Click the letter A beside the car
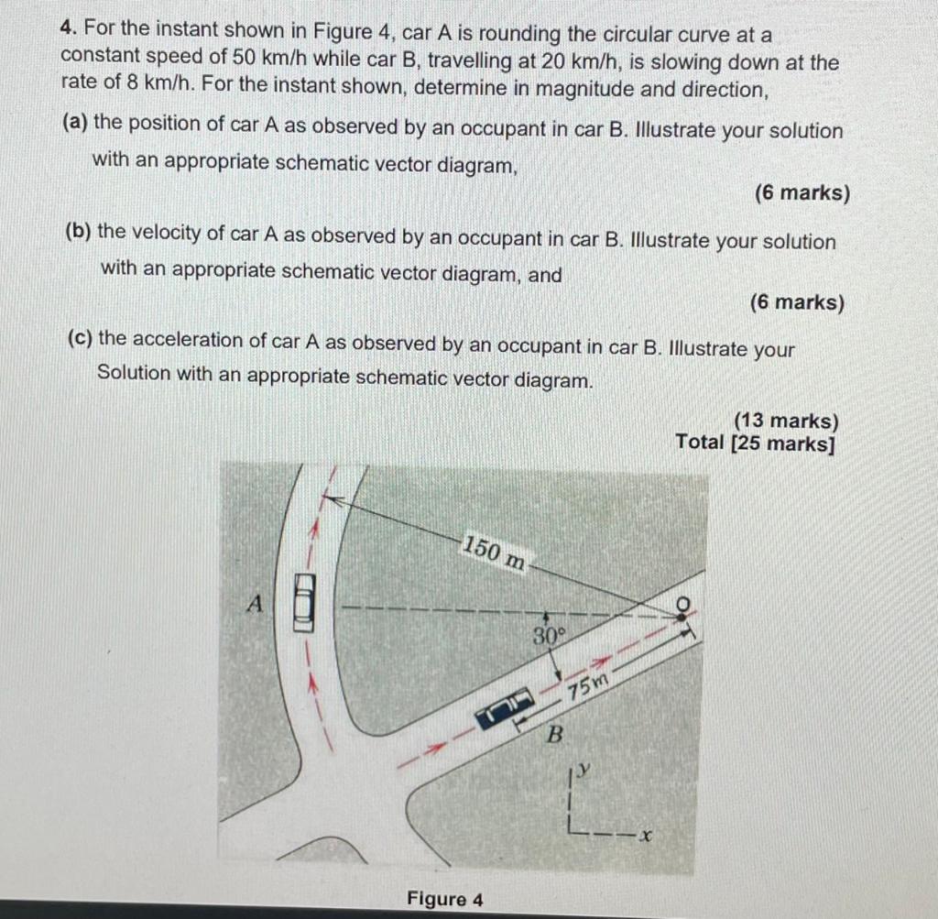(256, 604)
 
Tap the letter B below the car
(553, 734)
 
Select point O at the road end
(681, 605)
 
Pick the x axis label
(646, 836)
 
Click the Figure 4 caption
(445, 899)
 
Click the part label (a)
(76, 124)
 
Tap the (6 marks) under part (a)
(802, 193)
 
